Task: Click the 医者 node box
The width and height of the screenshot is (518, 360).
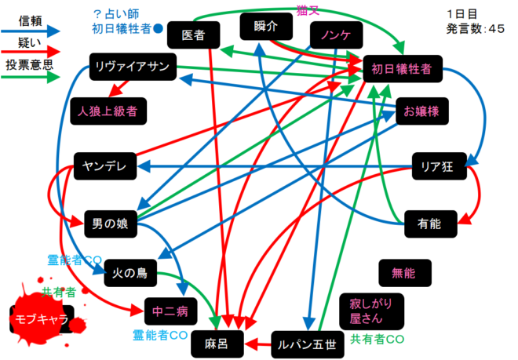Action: (x=192, y=35)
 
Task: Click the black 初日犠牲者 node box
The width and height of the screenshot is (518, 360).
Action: (x=401, y=69)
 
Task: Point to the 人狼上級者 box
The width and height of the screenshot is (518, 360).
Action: (x=108, y=111)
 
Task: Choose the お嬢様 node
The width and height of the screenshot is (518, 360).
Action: (x=422, y=111)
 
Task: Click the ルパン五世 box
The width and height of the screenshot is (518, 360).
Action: (x=308, y=343)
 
